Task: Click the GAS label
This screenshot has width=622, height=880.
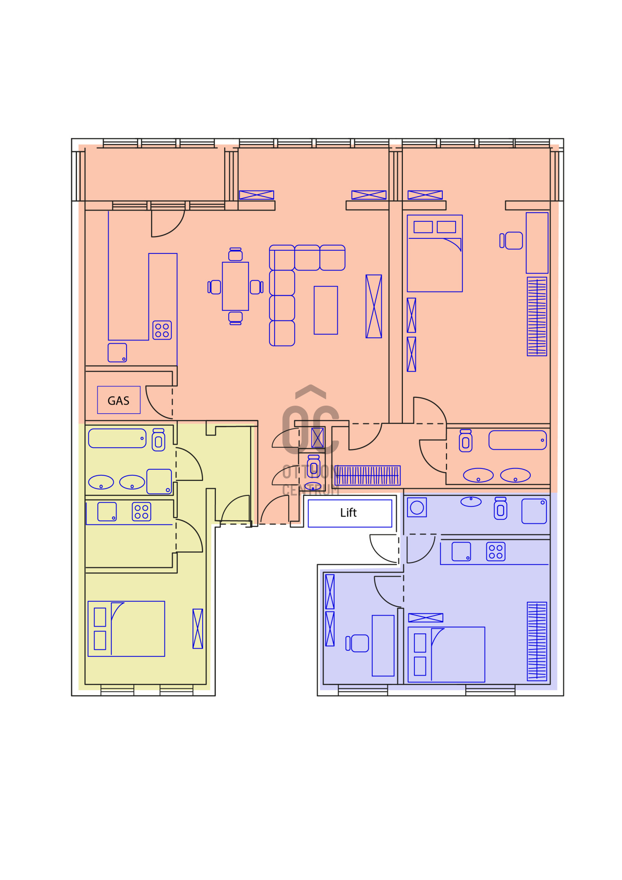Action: [118, 401]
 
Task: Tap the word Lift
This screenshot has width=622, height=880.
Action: [348, 513]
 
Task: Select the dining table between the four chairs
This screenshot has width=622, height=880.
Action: [235, 286]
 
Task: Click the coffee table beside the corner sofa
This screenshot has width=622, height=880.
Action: [326, 310]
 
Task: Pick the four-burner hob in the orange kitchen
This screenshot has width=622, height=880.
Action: [162, 330]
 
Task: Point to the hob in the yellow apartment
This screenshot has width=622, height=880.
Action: [142, 512]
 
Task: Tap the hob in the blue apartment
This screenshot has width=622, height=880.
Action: [496, 552]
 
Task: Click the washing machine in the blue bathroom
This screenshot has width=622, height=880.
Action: [417, 507]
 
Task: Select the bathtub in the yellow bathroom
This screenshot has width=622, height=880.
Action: [117, 438]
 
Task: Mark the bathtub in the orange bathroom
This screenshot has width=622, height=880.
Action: [518, 440]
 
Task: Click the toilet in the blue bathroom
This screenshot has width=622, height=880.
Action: [501, 508]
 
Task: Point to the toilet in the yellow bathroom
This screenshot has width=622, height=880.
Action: [159, 440]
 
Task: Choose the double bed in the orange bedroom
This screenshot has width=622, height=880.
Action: [435, 253]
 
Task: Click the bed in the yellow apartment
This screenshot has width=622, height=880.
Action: [127, 629]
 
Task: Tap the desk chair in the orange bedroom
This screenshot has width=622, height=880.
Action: [512, 241]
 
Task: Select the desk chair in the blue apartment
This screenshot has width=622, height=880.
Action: [358, 643]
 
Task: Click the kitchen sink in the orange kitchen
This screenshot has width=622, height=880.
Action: [117, 353]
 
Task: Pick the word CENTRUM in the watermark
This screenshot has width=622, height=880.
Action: [311, 490]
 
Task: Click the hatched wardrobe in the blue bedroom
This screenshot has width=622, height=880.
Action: [537, 641]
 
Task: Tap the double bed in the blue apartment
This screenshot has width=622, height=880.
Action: [446, 654]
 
